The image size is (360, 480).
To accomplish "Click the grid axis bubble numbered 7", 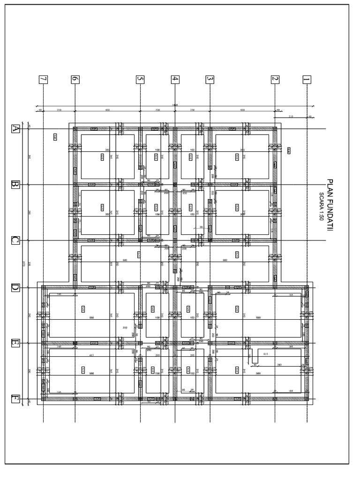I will coord(43,79).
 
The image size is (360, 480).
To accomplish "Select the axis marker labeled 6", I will coord(75,79).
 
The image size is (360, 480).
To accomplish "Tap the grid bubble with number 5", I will coord(140,79).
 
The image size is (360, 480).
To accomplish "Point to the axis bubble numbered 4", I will coord(175,79).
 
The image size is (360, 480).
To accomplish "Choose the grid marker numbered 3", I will coord(210,79).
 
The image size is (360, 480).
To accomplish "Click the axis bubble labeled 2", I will coord(275,79).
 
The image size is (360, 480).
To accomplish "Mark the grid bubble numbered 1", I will coord(307,79).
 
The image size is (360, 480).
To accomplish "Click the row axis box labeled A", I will coord(15,128).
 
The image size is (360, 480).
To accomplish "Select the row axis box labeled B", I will coord(15,184).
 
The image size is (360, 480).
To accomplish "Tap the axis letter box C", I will coord(15,240).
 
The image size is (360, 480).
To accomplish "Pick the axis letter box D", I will coord(15,287).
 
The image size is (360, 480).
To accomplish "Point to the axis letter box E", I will coord(15,343).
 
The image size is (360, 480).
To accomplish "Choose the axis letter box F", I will coord(15,399).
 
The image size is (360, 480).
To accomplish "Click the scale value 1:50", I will coord(322,215).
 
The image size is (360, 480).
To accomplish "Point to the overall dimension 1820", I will coord(175,105).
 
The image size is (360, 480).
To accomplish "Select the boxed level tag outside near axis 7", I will coord(55,137).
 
